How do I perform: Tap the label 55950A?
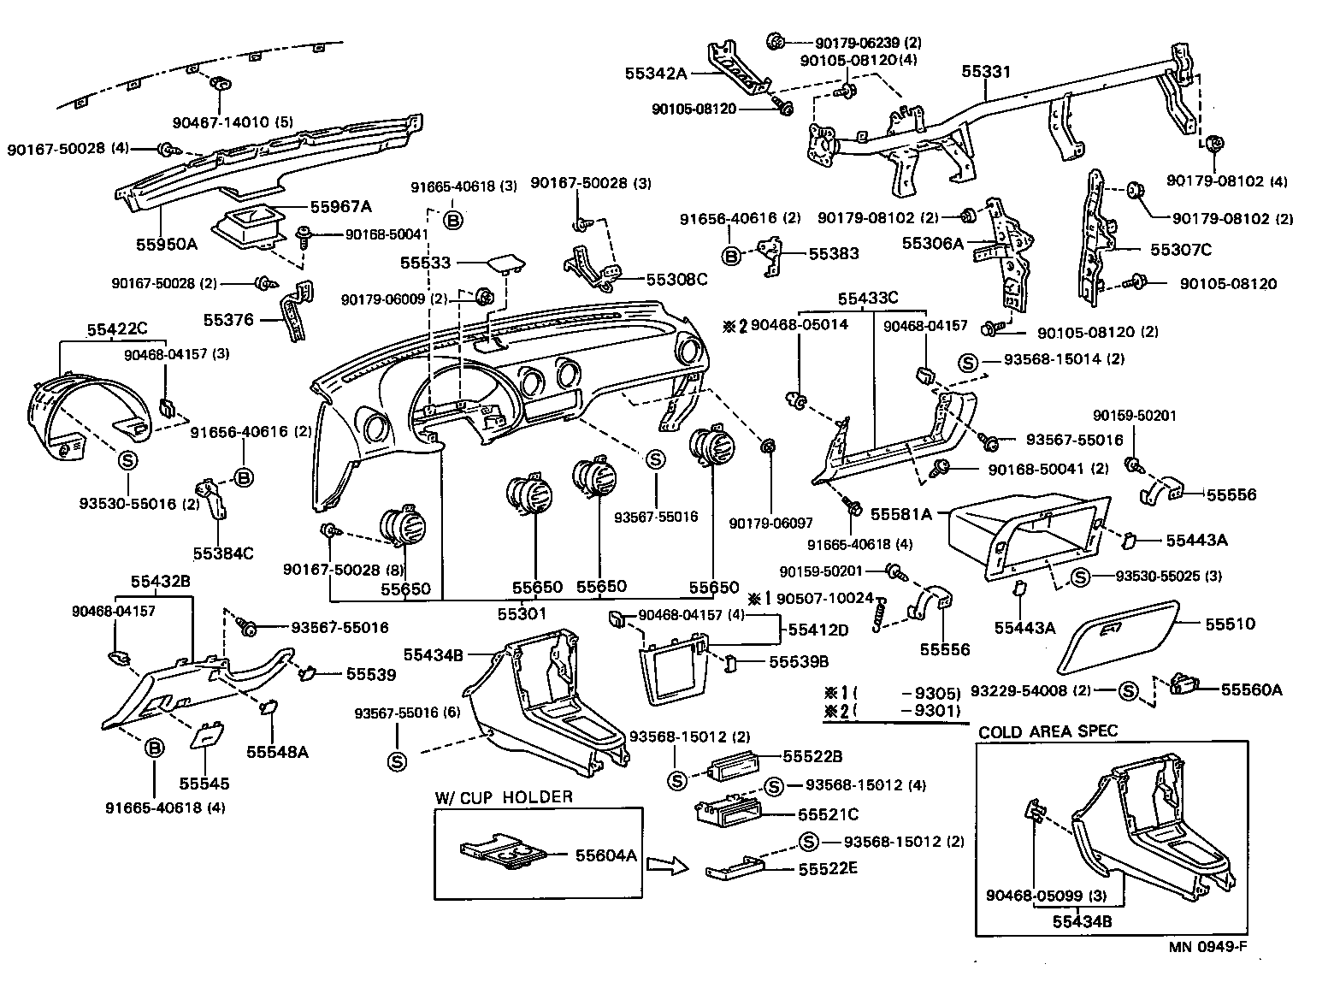tap(167, 244)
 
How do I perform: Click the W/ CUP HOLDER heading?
tap(503, 797)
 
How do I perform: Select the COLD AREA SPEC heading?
tap(1048, 731)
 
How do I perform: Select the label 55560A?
tap(1251, 689)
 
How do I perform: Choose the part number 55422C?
tap(117, 328)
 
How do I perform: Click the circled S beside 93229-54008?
tap(1128, 690)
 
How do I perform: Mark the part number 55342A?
tap(657, 74)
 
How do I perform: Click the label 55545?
tap(204, 783)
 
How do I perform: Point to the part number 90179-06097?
tap(771, 523)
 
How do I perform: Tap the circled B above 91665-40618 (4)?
tap(154, 748)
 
